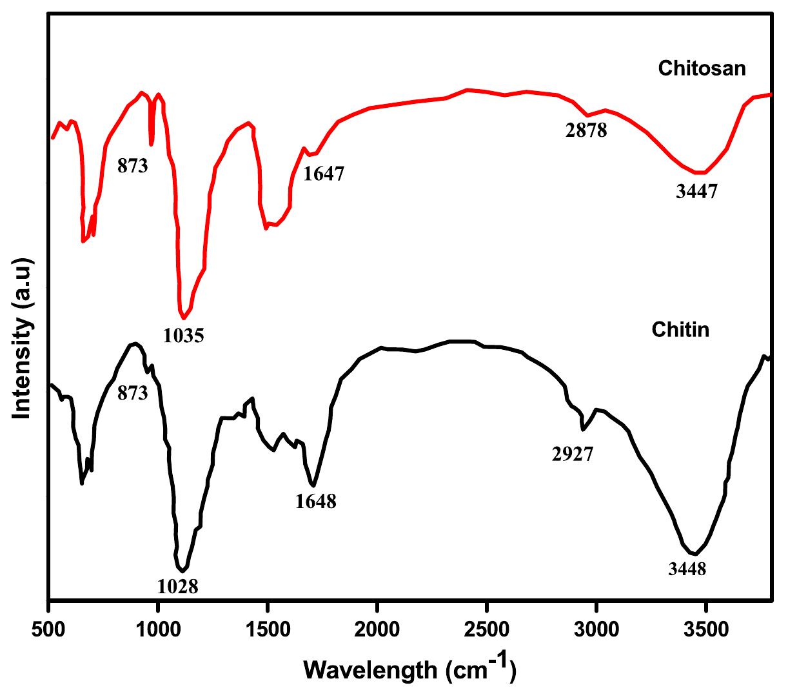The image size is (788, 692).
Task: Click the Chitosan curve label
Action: click(x=702, y=68)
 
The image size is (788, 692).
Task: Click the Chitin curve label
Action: click(x=680, y=330)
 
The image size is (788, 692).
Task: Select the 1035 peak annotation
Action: click(x=184, y=336)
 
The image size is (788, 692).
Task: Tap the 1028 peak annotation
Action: click(x=177, y=586)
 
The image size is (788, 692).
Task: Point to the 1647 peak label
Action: click(x=324, y=174)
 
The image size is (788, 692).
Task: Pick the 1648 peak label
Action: click(x=316, y=501)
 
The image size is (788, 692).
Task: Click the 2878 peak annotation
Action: click(x=586, y=131)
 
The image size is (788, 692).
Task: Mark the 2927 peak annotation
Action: click(x=573, y=455)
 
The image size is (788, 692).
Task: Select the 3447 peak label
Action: click(x=696, y=192)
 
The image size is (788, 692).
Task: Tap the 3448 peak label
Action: click(x=687, y=569)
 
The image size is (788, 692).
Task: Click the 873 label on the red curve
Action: click(x=133, y=166)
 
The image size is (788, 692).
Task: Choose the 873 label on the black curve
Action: click(x=133, y=392)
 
